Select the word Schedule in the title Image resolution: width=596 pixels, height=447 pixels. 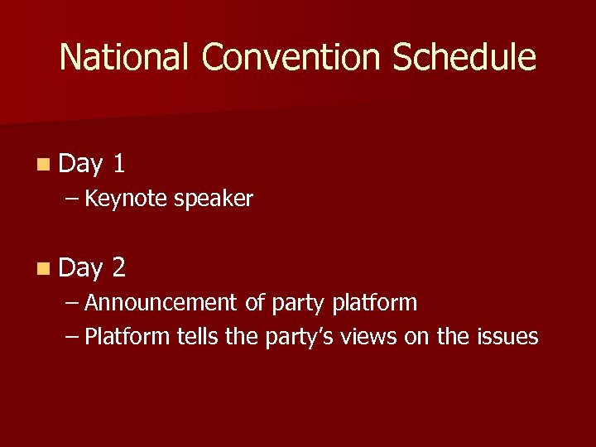click(464, 57)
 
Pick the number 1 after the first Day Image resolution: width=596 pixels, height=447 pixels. click(119, 164)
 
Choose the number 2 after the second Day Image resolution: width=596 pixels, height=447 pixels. click(119, 267)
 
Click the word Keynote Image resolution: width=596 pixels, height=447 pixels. click(125, 199)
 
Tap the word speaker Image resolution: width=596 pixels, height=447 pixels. click(214, 199)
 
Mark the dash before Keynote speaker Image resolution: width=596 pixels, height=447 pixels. click(73, 199)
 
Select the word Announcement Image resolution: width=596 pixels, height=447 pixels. click(161, 303)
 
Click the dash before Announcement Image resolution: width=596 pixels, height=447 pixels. click(73, 304)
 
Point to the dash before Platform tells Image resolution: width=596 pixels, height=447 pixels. click(73, 338)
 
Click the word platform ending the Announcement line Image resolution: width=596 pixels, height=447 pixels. click(374, 304)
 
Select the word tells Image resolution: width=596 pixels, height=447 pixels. click(197, 337)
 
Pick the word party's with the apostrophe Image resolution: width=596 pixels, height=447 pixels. click(297, 338)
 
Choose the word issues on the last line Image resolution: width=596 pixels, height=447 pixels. click(507, 337)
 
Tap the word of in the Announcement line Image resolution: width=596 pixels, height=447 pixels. click(254, 303)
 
